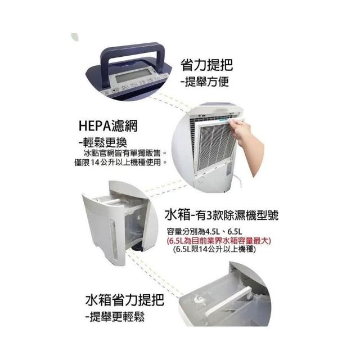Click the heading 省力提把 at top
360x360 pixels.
206,65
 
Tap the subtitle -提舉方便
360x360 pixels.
204,81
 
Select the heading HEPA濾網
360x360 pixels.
108,125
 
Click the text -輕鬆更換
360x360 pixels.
102,143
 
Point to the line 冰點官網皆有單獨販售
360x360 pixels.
125,153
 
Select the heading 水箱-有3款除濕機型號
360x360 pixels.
222,215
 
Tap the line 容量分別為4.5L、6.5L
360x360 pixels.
205,231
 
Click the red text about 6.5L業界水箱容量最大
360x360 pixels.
219,241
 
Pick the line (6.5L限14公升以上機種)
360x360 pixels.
215,249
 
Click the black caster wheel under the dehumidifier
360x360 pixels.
136,249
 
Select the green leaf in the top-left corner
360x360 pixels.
74,37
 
